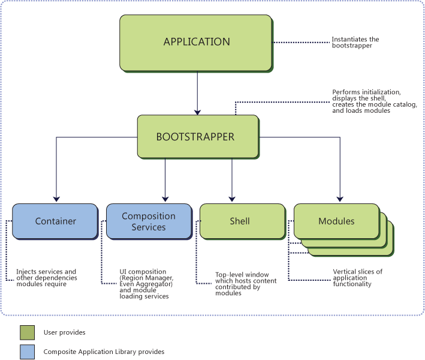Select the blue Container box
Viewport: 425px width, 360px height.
pos(55,221)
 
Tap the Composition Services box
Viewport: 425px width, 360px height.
pos(149,221)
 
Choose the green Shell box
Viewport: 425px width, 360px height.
pos(240,221)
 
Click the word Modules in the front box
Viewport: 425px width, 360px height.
pos(336,221)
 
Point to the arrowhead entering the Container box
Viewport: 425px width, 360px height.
pos(56,199)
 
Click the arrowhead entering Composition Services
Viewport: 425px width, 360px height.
pos(165,199)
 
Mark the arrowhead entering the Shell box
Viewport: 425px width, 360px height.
pos(231,199)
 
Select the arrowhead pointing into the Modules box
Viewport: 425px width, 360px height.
pos(340,199)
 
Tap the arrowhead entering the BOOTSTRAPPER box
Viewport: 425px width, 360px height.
pos(197,111)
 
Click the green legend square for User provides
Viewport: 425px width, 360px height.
pos(27,332)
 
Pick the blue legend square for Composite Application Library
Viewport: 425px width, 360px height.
pos(27,352)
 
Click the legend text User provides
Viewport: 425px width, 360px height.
pos(64,332)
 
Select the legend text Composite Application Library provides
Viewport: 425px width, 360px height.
pos(104,352)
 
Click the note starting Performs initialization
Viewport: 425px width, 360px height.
pos(366,101)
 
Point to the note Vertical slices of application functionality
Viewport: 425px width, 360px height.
pos(357,278)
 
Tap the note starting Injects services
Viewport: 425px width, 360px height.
pos(46,277)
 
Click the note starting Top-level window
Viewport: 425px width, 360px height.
pos(242,283)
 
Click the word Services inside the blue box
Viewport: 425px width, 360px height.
pos(149,227)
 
